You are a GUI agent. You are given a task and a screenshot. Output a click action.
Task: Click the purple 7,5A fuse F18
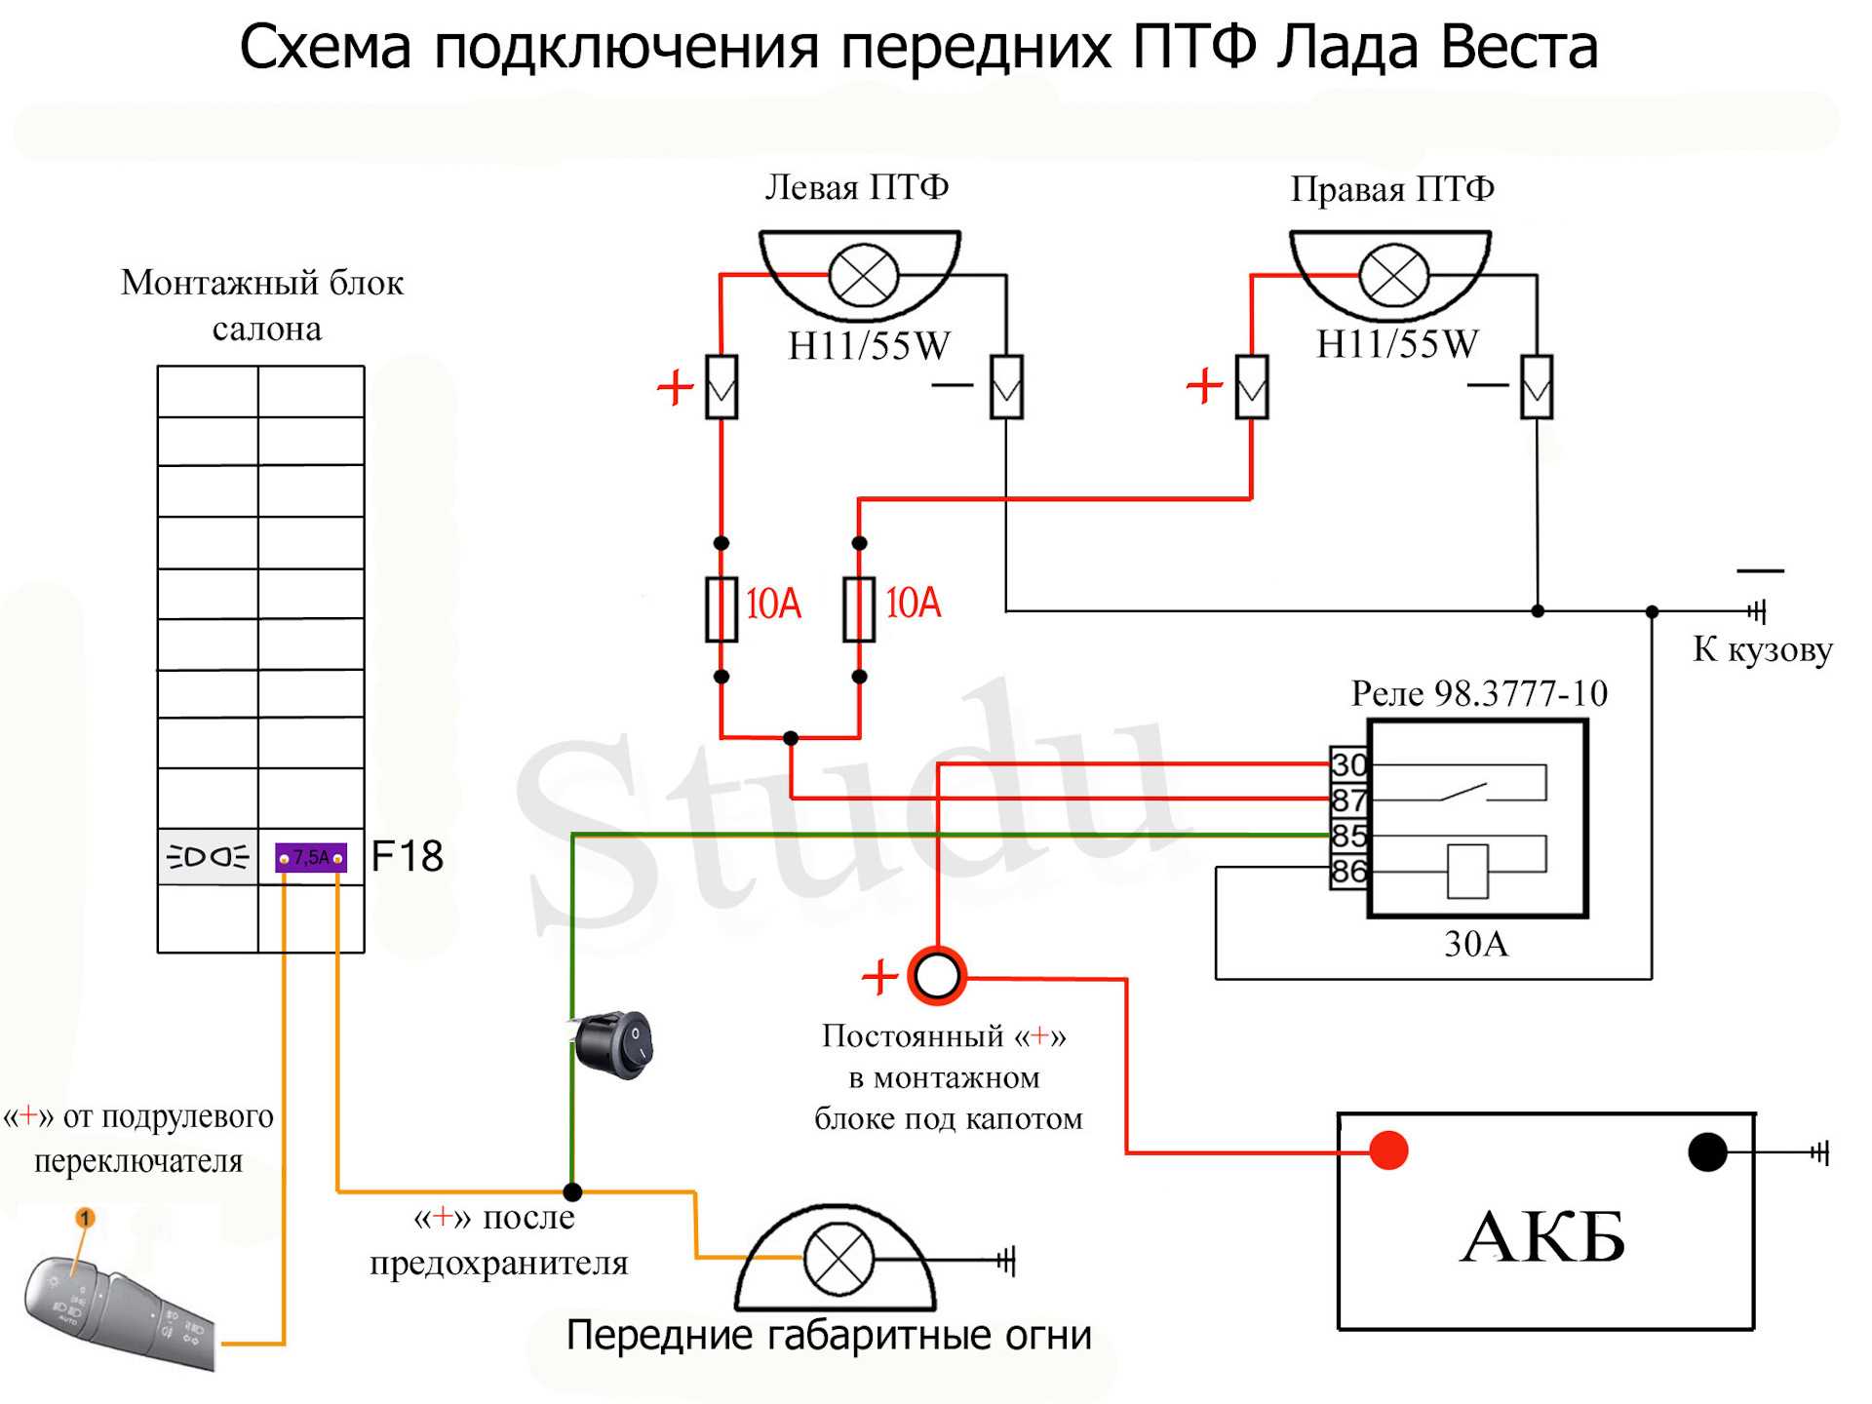(x=311, y=857)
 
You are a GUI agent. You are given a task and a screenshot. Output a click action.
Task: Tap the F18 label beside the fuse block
(x=408, y=856)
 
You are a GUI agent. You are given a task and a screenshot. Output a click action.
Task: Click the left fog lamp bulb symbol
(x=863, y=275)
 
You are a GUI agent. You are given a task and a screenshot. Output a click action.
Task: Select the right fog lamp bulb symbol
(x=1393, y=276)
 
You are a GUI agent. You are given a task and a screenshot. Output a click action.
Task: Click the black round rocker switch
(x=611, y=1044)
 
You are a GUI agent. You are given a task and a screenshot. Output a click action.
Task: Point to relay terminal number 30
(x=1349, y=764)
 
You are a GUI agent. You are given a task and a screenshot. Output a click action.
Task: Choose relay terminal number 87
(x=1349, y=800)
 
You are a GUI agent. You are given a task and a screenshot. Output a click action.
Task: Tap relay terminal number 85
(x=1349, y=836)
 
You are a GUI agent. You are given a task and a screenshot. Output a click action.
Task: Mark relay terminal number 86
(x=1349, y=871)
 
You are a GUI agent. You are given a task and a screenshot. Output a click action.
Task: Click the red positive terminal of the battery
(x=1388, y=1150)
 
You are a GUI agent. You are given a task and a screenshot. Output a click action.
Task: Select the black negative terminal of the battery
(x=1707, y=1151)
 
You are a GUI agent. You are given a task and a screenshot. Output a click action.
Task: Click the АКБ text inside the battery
(x=1543, y=1236)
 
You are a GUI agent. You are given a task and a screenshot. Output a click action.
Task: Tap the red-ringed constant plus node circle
(x=937, y=975)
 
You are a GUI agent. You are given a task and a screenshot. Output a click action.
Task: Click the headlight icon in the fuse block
(x=208, y=857)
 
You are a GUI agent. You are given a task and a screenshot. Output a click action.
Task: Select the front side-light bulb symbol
(x=837, y=1259)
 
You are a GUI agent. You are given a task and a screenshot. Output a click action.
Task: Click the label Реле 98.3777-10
(x=1479, y=693)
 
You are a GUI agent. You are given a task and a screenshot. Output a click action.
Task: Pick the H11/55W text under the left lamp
(x=869, y=345)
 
